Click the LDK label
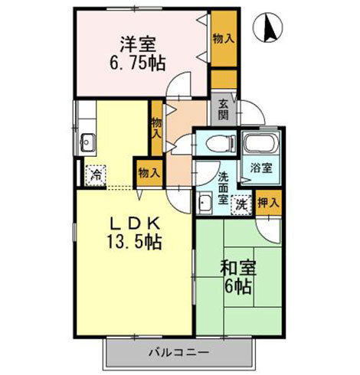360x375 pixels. click(x=135, y=224)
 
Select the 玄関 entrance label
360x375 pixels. click(x=223, y=111)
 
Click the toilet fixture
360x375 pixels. click(x=218, y=142)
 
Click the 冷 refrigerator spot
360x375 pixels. click(x=96, y=175)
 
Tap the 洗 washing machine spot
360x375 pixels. click(x=241, y=204)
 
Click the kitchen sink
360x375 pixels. click(x=87, y=142)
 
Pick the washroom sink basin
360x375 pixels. click(x=205, y=204)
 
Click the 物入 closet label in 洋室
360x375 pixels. click(x=223, y=38)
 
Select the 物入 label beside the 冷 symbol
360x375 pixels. click(x=148, y=173)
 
